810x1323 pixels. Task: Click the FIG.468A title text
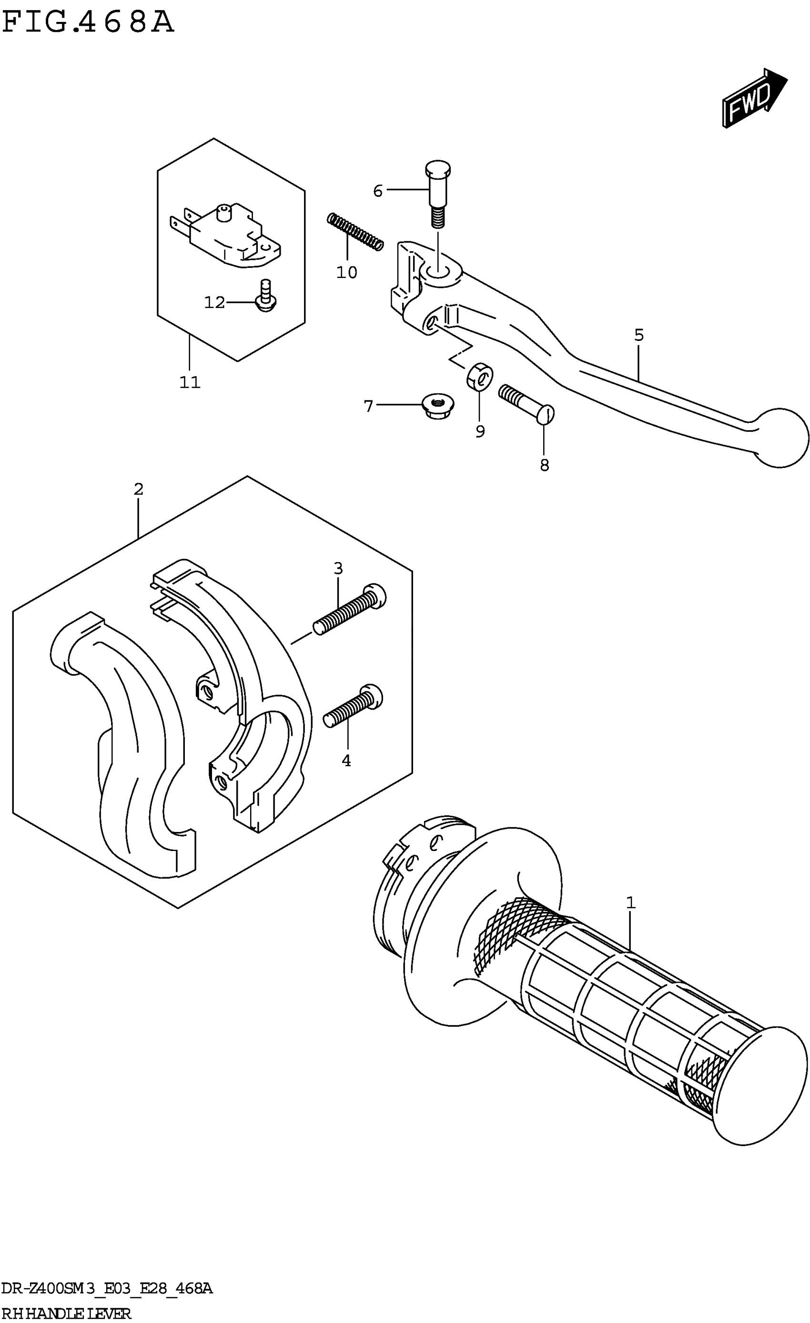(x=89, y=22)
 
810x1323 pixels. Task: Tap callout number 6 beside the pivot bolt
(x=378, y=191)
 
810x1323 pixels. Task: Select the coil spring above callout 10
(x=355, y=231)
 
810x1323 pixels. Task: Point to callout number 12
(x=214, y=303)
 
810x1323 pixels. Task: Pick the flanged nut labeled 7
(x=438, y=407)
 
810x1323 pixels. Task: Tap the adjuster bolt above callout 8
(x=526, y=405)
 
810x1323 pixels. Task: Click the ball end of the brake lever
(x=780, y=438)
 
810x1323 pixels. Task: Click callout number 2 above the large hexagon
(x=139, y=490)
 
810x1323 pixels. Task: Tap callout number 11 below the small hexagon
(x=190, y=383)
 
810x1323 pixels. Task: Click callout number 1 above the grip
(x=631, y=903)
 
